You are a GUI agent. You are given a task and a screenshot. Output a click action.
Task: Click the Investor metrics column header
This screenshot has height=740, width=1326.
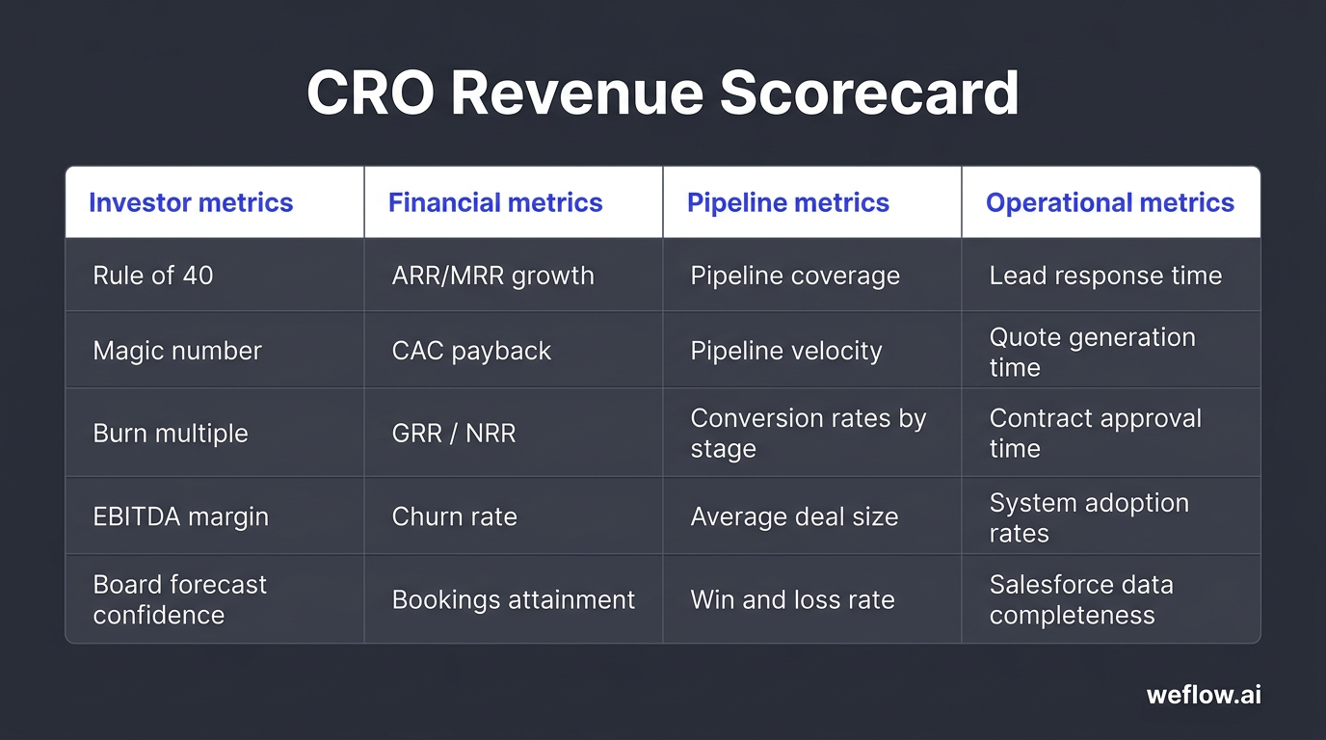[x=191, y=202]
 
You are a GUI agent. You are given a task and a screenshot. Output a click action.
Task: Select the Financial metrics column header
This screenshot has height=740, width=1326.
[x=495, y=202]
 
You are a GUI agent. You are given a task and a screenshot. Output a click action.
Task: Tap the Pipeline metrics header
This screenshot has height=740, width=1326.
[x=787, y=202]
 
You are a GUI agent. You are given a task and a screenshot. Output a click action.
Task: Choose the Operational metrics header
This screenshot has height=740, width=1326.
[x=1109, y=202]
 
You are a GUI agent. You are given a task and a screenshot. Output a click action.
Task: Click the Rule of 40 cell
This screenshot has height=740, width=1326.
[x=153, y=276]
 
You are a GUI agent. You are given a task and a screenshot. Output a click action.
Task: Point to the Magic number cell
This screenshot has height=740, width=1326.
[x=177, y=351]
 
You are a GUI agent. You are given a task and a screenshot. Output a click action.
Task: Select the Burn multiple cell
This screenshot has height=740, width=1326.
[x=171, y=434]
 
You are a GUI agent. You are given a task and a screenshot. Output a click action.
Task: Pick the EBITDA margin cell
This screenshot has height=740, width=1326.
[x=180, y=516]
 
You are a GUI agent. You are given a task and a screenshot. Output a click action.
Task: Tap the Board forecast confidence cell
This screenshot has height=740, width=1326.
[x=180, y=599]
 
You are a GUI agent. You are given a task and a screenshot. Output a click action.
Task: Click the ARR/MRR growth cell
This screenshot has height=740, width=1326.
[x=492, y=276]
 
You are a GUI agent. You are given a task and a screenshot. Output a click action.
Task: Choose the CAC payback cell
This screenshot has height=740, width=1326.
[x=471, y=351]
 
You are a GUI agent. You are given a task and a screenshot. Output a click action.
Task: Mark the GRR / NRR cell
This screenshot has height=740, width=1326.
[x=454, y=434]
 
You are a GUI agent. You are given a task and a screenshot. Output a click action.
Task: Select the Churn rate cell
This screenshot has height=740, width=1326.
[x=454, y=516]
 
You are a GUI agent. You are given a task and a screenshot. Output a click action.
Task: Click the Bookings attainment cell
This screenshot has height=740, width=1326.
[x=513, y=599]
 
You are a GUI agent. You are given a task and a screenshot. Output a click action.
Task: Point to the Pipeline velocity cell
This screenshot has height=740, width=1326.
[x=785, y=351]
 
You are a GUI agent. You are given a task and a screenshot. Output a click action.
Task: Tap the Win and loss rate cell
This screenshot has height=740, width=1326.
[x=792, y=599]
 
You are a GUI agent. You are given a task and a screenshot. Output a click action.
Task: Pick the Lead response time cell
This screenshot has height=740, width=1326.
[x=1105, y=276]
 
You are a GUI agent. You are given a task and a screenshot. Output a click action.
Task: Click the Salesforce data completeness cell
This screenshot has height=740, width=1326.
[x=1081, y=599]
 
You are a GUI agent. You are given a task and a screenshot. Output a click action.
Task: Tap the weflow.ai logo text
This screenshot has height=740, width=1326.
[x=1204, y=695]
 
